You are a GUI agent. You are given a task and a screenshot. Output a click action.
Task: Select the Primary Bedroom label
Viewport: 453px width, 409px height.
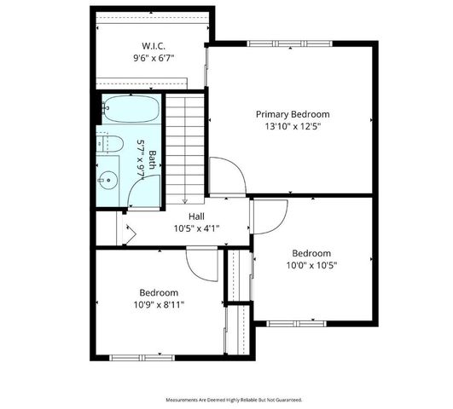[293, 114]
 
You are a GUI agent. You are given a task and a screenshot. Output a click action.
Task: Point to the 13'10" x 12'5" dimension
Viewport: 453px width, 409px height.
[293, 127]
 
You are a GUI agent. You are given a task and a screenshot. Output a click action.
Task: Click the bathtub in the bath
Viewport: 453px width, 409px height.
[127, 109]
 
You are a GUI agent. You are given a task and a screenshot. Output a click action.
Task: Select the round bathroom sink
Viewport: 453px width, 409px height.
[108, 179]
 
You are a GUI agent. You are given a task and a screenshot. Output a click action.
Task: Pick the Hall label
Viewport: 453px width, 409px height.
[196, 217]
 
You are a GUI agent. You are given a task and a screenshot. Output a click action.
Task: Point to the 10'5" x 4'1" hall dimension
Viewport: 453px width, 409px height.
[196, 229]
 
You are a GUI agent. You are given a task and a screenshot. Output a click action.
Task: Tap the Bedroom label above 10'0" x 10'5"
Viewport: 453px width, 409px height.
[311, 253]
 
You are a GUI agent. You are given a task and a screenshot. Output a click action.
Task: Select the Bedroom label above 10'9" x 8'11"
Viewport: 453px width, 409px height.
[159, 291]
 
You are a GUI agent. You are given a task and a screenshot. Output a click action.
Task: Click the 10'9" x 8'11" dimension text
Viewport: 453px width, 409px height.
[159, 304]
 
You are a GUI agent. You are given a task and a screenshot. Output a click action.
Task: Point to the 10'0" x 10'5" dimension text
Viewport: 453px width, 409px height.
[311, 265]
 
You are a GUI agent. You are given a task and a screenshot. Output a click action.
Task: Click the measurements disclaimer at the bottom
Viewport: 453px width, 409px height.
[233, 399]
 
